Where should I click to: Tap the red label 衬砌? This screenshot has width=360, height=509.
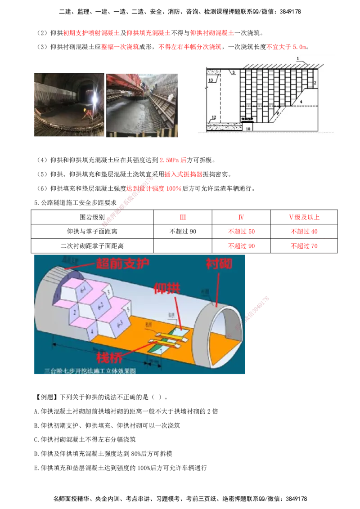(219, 263)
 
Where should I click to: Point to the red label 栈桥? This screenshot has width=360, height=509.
(111, 357)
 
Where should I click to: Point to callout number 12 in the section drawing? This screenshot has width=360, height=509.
(214, 117)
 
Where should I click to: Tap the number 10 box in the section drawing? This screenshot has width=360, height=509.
(247, 128)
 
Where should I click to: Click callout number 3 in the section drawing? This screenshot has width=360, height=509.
(234, 72)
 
